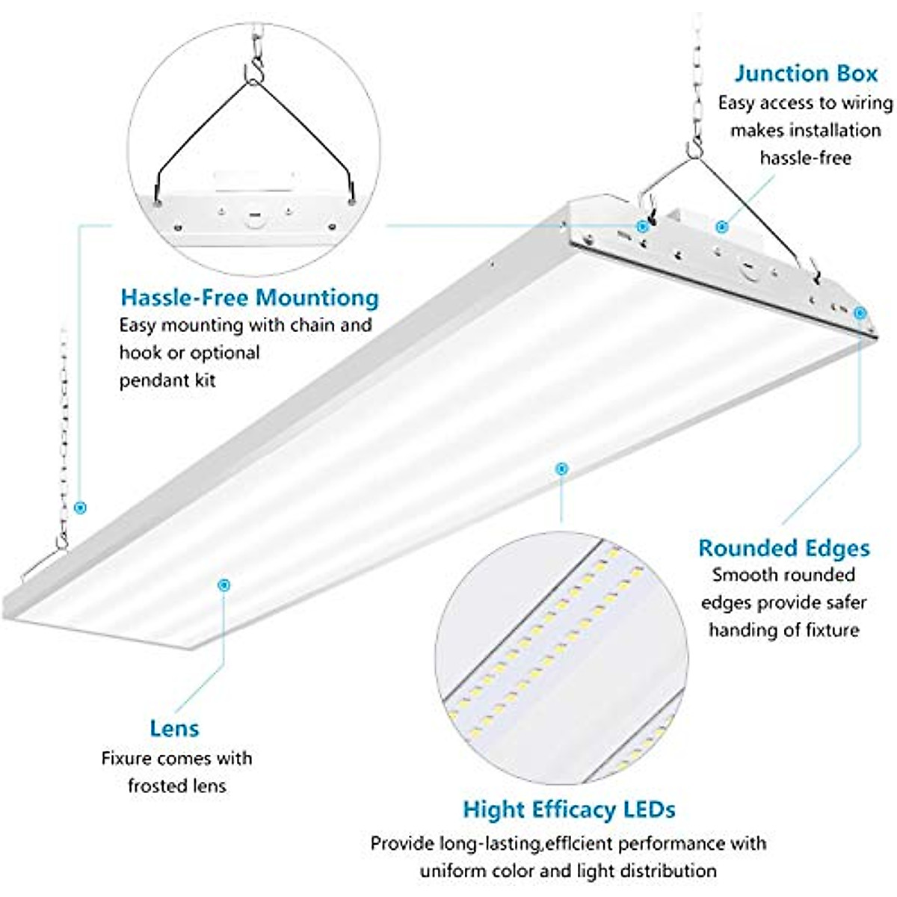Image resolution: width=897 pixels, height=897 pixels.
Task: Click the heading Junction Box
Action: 805,74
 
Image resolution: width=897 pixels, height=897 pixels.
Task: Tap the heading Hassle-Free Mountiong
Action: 250,298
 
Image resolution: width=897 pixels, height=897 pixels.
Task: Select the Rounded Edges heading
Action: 784,548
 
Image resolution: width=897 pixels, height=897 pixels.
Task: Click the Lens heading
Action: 174,728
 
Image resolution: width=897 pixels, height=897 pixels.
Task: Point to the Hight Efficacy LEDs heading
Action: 569,810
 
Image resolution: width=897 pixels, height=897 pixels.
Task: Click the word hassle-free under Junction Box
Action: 805,158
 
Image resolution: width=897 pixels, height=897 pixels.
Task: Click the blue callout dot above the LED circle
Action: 561,469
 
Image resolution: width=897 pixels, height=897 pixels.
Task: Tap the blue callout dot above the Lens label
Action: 223,585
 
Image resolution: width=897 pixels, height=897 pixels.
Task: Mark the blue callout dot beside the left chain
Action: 81,508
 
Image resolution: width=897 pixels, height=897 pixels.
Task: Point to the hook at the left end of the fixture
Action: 61,540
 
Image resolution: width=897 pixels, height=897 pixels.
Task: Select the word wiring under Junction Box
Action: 867,102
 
